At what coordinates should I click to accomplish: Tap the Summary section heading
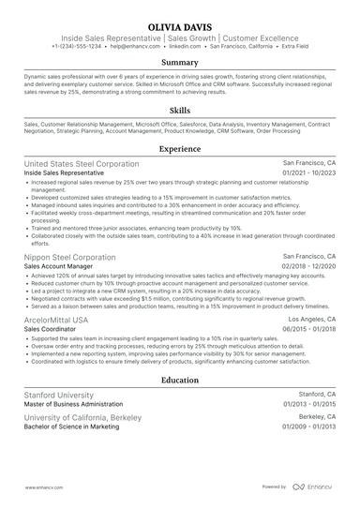point(179,63)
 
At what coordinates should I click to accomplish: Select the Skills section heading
point(179,110)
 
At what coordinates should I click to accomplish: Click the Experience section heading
point(179,148)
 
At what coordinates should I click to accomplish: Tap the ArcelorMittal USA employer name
point(55,320)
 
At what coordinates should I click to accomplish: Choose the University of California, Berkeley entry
point(82,415)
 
